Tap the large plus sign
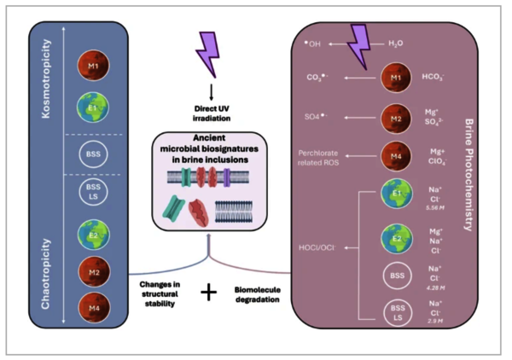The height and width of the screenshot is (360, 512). (x=208, y=293)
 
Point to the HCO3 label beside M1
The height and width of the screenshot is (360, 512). (x=433, y=77)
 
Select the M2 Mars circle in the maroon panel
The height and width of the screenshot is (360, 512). (x=393, y=115)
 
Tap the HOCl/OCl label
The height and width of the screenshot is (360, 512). (x=320, y=247)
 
